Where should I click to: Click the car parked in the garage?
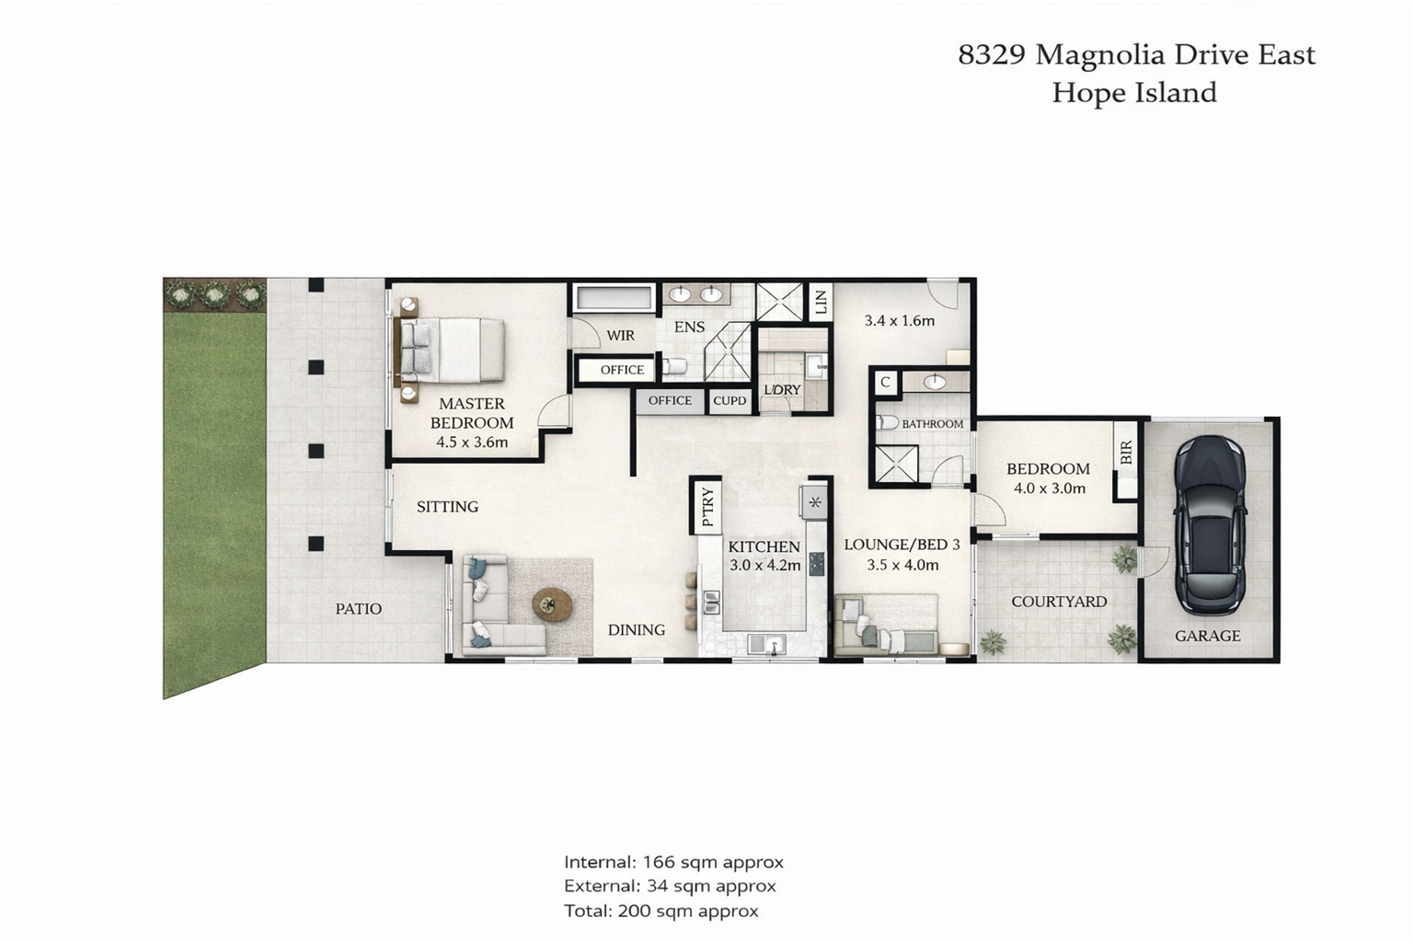1210,525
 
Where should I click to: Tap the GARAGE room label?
1207,636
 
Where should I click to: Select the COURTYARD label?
1059,602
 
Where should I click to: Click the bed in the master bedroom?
451,350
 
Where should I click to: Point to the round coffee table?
553,605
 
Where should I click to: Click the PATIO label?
358,609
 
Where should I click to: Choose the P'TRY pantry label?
707,507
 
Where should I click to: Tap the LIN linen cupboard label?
821,302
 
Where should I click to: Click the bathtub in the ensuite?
614,298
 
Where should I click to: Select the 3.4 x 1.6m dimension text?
900,320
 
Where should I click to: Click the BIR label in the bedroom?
1126,453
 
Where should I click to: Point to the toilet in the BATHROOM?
887,422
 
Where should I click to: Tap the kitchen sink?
766,645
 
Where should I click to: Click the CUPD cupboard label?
729,401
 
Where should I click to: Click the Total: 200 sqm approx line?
661,911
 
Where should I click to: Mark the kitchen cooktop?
816,563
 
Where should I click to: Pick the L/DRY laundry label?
782,390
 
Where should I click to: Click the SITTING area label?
447,507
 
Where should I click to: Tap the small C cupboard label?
885,383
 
